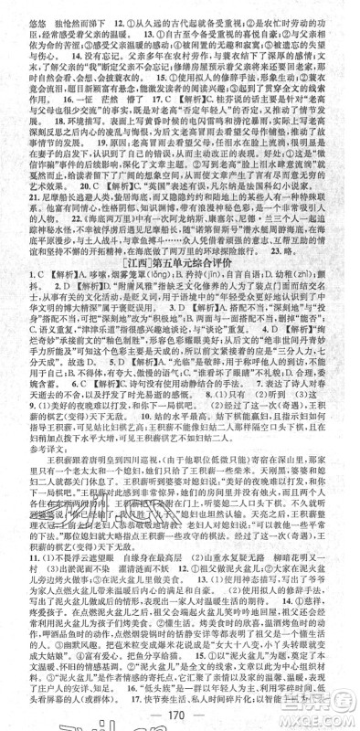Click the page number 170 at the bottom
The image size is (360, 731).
179,712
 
